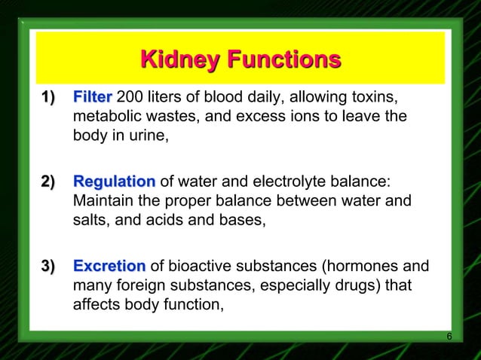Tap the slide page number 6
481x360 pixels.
point(449,336)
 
